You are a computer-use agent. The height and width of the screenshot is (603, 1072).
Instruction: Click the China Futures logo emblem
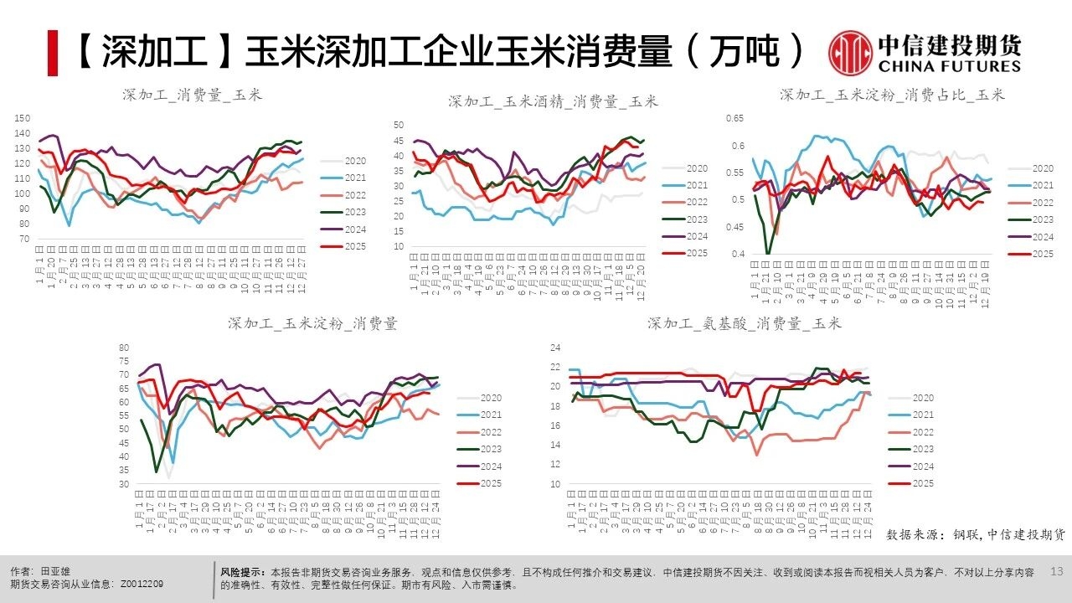[850, 52]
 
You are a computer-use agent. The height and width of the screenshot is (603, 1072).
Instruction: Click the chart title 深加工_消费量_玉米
[192, 95]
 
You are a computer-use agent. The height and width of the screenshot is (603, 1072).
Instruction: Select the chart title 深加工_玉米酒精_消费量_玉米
[553, 101]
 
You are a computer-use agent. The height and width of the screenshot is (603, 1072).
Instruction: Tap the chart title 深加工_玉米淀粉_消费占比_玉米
[892, 95]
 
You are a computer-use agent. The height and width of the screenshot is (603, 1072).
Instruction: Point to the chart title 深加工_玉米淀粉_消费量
[312, 323]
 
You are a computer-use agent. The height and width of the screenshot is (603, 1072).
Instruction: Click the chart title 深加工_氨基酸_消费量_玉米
[745, 323]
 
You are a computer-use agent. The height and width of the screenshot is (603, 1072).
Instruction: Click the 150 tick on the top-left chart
[23, 118]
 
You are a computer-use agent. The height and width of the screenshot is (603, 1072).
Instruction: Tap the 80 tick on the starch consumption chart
[124, 348]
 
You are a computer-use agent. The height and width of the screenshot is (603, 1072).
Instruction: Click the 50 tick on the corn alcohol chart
[399, 125]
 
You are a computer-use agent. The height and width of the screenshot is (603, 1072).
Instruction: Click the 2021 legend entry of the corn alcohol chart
[696, 185]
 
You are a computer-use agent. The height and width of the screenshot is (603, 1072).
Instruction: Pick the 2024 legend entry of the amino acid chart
[922, 466]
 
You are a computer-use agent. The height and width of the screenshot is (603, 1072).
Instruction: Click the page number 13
[1055, 571]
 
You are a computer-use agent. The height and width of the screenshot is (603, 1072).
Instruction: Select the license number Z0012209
[142, 584]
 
